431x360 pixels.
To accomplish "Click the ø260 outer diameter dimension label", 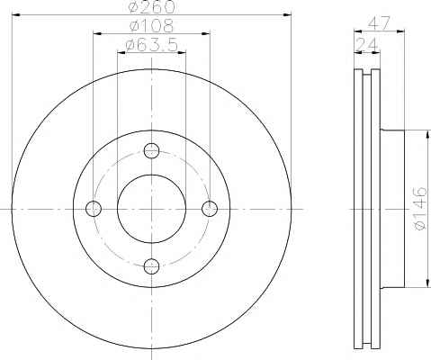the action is [151, 6].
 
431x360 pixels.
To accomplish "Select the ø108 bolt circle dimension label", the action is [151, 26].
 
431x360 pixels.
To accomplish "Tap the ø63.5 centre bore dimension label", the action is [152, 46].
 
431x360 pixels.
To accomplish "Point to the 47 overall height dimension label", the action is [379, 23].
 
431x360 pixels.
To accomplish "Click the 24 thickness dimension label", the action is [366, 45].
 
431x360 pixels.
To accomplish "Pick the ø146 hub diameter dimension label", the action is [420, 209].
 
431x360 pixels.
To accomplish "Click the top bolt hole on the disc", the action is [151, 150].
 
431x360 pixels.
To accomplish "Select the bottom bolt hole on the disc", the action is [151, 266].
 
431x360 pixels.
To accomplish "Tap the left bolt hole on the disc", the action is [94, 209].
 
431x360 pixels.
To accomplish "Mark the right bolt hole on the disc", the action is [210, 209].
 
